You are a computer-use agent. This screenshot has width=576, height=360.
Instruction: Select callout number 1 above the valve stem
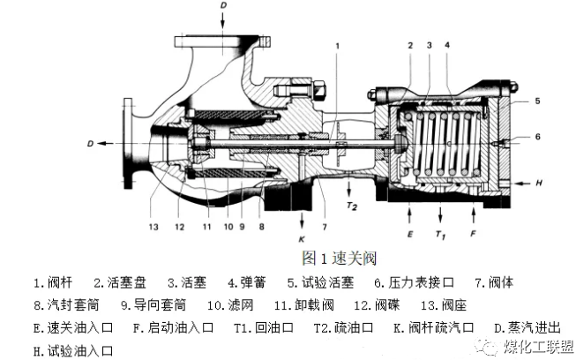click(x=336, y=43)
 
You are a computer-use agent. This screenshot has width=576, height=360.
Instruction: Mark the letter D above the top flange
click(x=222, y=7)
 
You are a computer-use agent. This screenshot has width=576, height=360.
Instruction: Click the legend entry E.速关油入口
click(x=76, y=328)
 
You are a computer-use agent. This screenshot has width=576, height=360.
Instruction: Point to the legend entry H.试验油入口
click(x=76, y=350)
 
